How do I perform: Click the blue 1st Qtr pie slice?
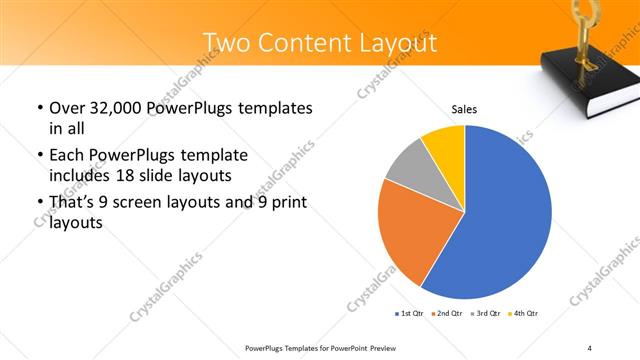(x=505, y=215)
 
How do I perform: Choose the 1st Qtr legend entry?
(x=409, y=313)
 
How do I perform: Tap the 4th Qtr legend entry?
(x=524, y=313)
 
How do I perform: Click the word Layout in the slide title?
(x=399, y=43)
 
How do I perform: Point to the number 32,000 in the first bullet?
(x=115, y=108)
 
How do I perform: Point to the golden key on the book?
(x=581, y=30)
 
